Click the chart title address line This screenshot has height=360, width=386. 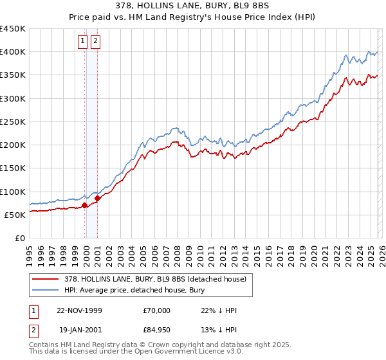(x=193, y=6)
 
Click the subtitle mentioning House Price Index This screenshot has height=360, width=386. (x=193, y=17)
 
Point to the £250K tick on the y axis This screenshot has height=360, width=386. (x=13, y=122)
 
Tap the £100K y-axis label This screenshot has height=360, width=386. (x=13, y=192)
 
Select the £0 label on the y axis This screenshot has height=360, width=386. (x=19, y=239)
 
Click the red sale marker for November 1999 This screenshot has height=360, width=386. (x=85, y=206)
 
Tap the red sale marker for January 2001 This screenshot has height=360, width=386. (x=98, y=199)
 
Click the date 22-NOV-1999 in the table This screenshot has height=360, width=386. (x=79, y=310)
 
